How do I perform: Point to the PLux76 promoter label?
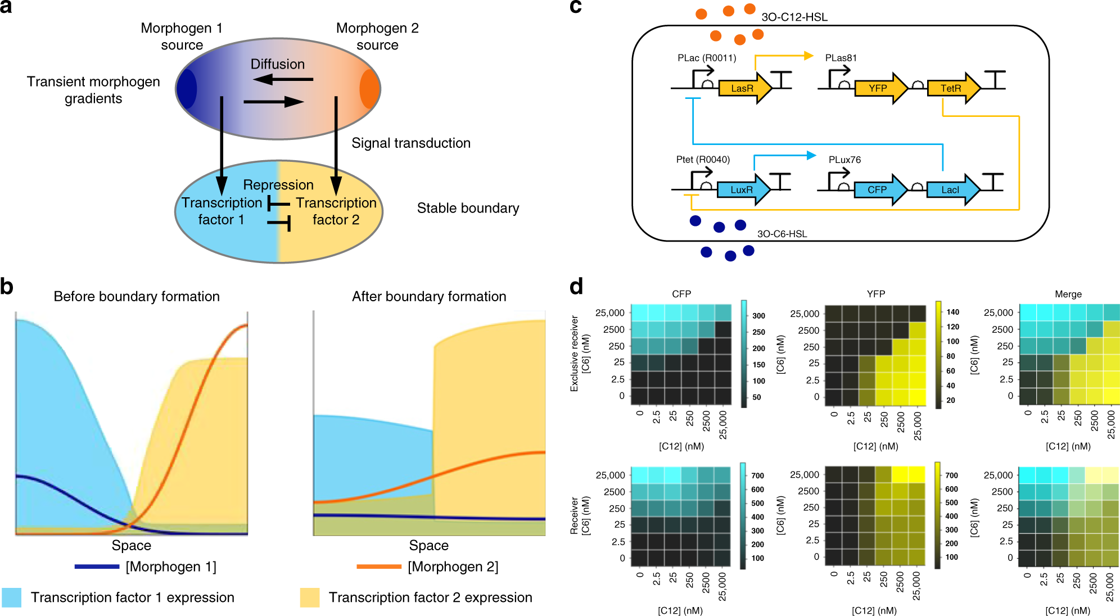[x=844, y=160]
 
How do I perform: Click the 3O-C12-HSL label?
[x=794, y=17]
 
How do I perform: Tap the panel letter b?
[x=7, y=287]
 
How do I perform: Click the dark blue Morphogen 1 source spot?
[x=187, y=89]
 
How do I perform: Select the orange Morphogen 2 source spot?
[x=369, y=89]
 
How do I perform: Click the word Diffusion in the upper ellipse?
[x=278, y=64]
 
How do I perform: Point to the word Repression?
[x=278, y=184]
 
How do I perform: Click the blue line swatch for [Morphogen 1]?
[x=97, y=567]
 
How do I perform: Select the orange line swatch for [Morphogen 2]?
[x=379, y=567]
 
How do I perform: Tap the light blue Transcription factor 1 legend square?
[x=12, y=597]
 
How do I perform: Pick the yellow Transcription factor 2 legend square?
[x=310, y=597]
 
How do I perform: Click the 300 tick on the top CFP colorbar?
[x=758, y=316]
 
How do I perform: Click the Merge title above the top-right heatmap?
[x=1068, y=294]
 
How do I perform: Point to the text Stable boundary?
[x=468, y=208]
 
